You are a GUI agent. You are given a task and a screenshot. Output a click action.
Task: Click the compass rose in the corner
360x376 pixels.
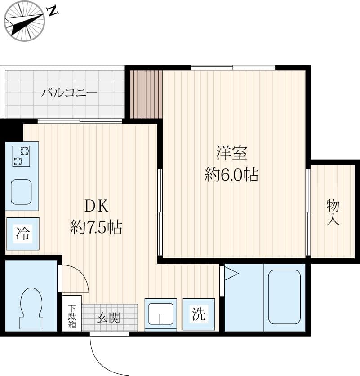[24, 21]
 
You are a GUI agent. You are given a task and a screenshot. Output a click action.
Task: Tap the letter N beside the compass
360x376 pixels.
[53, 11]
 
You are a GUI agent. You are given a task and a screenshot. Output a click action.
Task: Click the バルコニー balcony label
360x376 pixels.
[70, 93]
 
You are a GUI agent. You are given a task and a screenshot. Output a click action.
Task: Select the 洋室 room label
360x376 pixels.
[231, 154]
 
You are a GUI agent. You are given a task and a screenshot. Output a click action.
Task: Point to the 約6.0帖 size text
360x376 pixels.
[231, 174]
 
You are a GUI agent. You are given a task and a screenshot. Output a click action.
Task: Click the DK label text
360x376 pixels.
[96, 206]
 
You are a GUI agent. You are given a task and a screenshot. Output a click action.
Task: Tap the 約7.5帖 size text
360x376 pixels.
[96, 228]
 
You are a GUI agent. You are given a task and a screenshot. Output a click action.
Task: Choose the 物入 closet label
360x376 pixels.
[333, 212]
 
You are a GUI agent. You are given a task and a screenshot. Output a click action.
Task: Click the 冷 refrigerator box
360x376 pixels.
[22, 234]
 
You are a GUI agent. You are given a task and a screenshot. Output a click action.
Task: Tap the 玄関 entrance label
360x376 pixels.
[108, 318]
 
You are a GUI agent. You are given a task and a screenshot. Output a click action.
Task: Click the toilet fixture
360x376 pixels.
[31, 308]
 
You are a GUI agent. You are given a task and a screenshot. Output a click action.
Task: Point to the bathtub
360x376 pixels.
[284, 296]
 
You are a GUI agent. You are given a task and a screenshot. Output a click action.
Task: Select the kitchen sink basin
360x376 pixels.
[22, 192]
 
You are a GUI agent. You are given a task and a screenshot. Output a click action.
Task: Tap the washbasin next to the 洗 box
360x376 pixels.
[160, 313]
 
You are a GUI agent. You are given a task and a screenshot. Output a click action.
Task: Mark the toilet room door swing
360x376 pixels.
[74, 279]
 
